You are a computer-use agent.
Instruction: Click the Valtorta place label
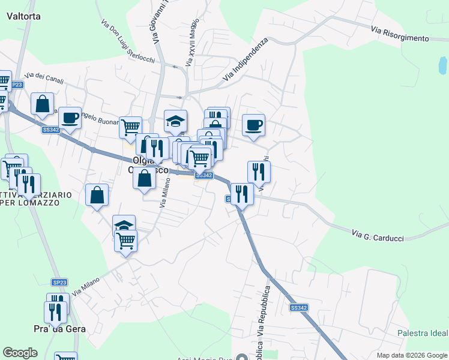23,16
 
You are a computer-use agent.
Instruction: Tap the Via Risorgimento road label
400,34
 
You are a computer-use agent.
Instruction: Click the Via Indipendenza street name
245,61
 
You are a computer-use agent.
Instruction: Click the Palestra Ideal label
423,333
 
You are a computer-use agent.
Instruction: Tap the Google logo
20,353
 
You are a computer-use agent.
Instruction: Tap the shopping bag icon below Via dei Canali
43,104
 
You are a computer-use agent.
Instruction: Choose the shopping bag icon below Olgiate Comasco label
145,178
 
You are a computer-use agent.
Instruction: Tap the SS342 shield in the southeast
298,308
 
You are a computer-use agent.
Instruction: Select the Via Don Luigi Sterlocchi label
128,41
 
